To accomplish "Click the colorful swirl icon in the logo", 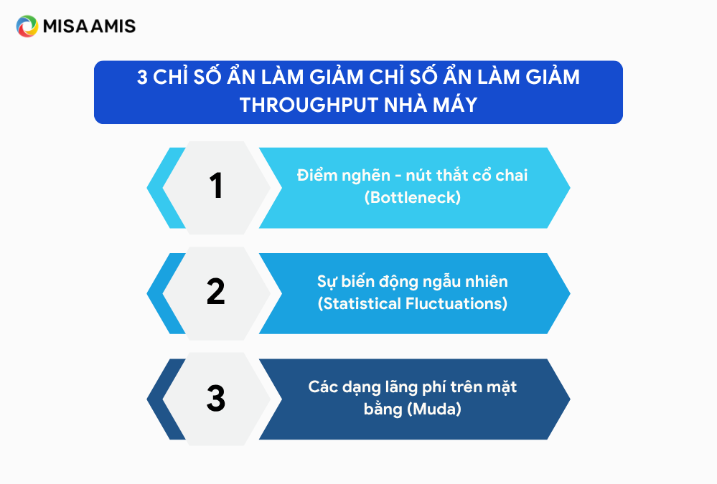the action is (x=27, y=26).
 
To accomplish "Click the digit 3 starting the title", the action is (x=142, y=77).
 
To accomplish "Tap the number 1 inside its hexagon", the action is (x=216, y=186).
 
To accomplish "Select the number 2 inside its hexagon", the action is (x=216, y=291).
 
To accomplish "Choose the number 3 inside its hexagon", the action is (x=216, y=398).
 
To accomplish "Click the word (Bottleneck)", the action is (x=413, y=197).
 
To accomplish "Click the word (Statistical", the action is (x=359, y=303).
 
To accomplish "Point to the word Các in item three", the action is (x=322, y=386).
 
